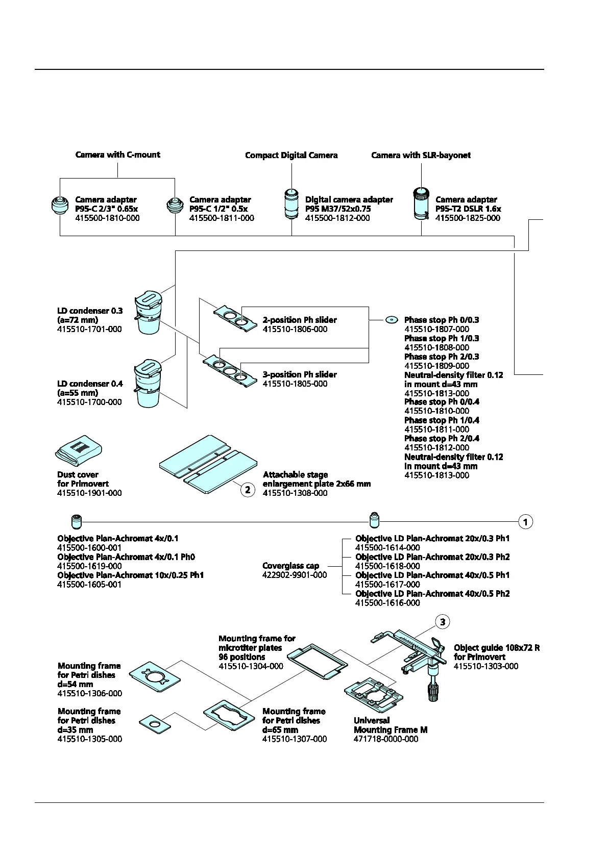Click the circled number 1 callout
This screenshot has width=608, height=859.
point(525,522)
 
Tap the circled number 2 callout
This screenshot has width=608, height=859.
point(248,490)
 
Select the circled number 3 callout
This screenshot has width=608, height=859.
point(443,622)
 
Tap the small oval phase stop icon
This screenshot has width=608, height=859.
point(392,320)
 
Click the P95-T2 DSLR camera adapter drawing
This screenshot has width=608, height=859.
point(421,204)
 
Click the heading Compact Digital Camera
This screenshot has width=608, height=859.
point(291,155)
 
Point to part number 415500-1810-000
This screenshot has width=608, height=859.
point(107,218)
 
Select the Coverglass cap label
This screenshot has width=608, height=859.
point(290,566)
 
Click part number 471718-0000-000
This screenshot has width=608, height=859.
point(386,739)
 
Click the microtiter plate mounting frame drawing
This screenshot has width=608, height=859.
point(317,661)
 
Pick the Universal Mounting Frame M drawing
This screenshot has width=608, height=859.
point(374,695)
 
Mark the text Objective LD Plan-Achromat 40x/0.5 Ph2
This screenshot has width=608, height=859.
point(432,594)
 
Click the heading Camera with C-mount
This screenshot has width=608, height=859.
point(117,155)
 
